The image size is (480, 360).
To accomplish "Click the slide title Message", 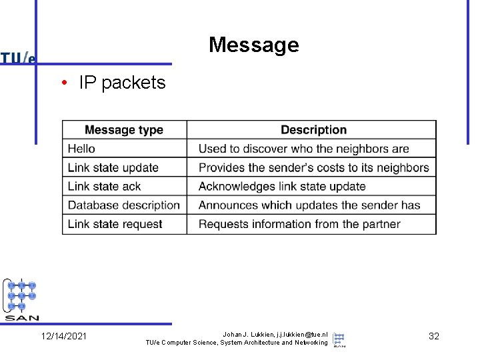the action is click(x=253, y=45).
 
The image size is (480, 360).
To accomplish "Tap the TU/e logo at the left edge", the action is click(x=18, y=58).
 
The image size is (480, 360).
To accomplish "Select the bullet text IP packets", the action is click(x=121, y=83).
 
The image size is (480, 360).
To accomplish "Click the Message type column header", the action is click(x=124, y=130).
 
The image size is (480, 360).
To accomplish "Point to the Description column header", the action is click(x=313, y=130).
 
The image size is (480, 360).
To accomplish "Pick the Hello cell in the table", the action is click(x=81, y=149).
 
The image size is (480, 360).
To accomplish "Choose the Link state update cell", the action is click(x=113, y=167).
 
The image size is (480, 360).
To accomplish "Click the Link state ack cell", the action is click(x=104, y=186).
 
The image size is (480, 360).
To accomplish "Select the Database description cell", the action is click(x=124, y=205).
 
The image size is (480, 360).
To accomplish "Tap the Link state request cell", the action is click(x=115, y=224).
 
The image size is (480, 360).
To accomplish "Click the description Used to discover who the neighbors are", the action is click(x=303, y=149).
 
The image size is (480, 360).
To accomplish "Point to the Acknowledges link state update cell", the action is click(x=282, y=186).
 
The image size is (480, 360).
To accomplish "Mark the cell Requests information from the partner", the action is click(x=299, y=224).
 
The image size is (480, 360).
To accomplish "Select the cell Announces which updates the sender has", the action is click(x=309, y=205).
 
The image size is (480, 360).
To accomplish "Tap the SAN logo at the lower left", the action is click(x=22, y=299).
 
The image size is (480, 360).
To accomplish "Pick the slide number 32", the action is click(x=433, y=336).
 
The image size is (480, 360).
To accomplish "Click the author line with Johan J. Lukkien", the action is click(x=275, y=333).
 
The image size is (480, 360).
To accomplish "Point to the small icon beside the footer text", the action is click(x=339, y=339).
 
